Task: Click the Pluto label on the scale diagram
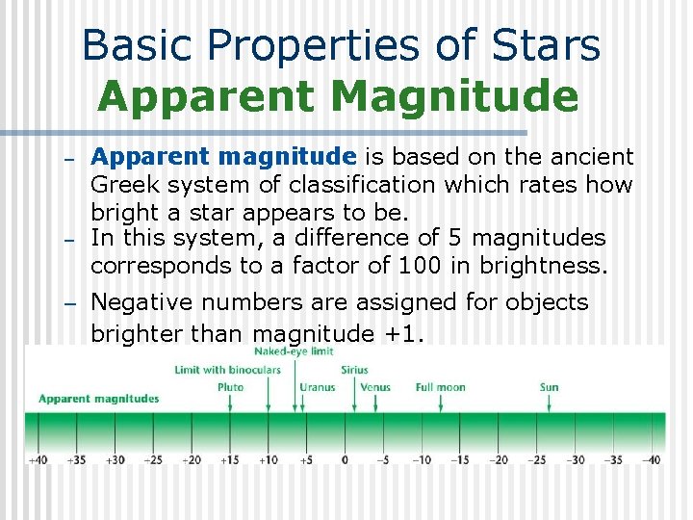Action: (x=230, y=387)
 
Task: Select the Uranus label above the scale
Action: (x=317, y=387)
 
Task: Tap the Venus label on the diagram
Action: (x=374, y=387)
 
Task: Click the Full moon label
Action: (x=440, y=387)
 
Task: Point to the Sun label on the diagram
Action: (x=549, y=387)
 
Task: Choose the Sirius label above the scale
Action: (x=354, y=370)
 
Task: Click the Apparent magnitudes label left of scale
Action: (x=98, y=399)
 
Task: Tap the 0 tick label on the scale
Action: (x=345, y=460)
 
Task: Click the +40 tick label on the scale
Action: (x=38, y=460)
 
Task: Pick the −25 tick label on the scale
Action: (x=537, y=460)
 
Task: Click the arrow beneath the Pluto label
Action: (x=230, y=404)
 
